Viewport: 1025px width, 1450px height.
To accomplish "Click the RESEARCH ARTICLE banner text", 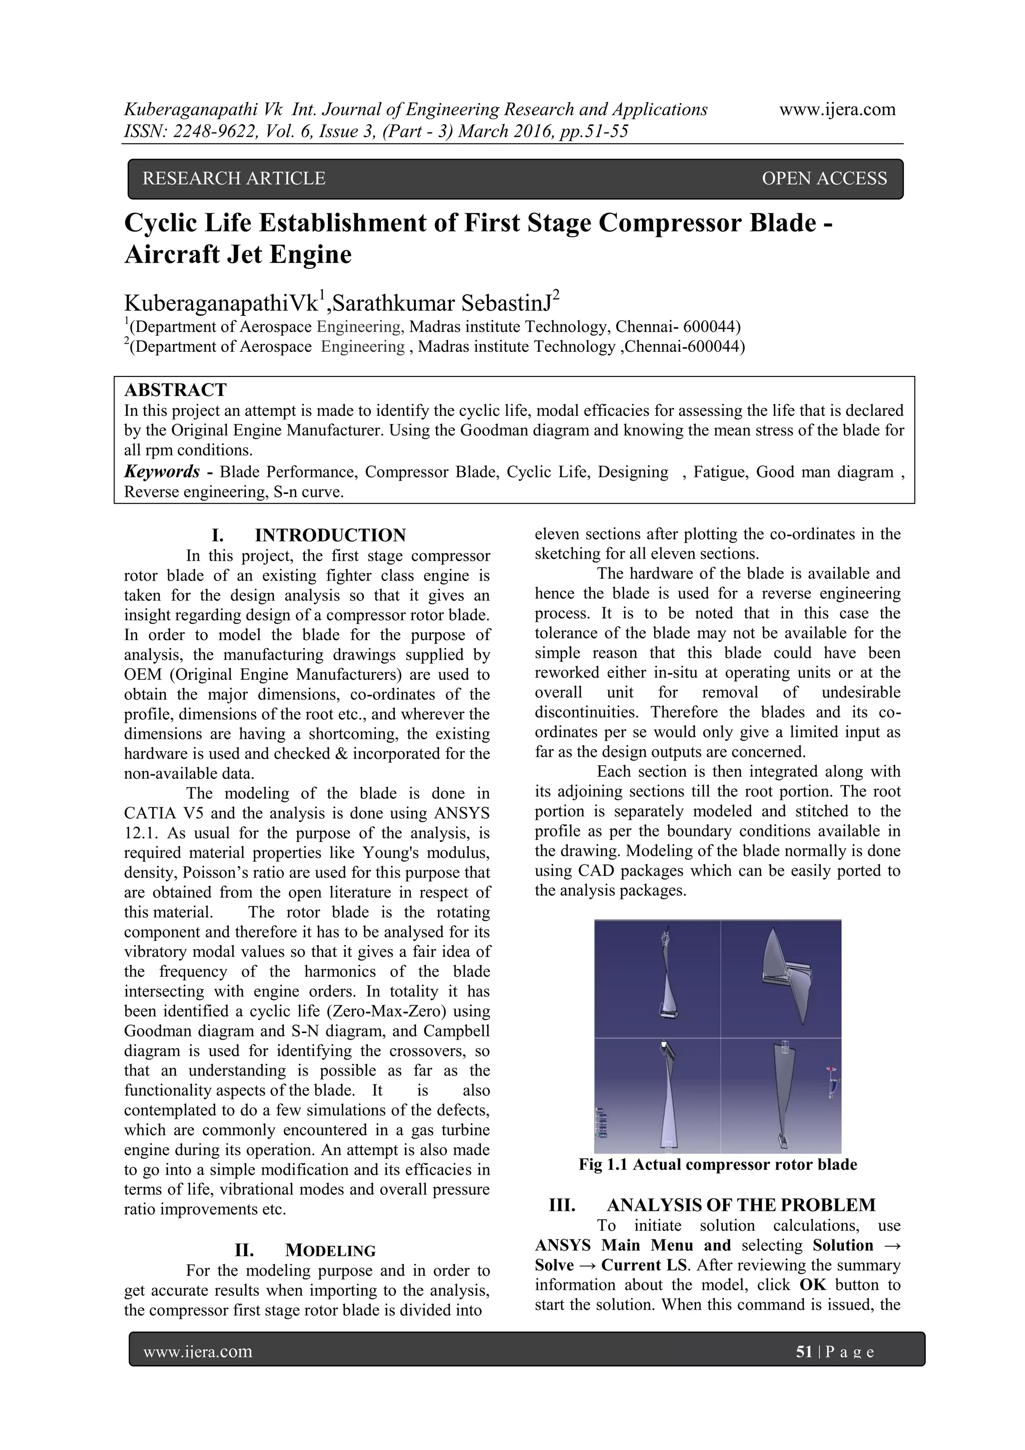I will (234, 179).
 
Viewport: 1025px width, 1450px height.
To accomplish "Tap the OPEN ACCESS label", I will (824, 179).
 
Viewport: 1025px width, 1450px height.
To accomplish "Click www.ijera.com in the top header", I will (837, 110).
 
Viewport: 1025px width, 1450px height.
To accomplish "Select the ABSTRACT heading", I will (175, 390).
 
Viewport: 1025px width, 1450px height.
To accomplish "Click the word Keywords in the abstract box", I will (162, 472).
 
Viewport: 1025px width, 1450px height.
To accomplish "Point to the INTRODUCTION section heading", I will (330, 536).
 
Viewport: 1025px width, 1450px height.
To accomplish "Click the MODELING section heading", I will (330, 1250).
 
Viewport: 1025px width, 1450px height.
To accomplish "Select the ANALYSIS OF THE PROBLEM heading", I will (740, 1205).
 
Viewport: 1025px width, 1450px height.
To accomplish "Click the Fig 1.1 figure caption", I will (717, 1165).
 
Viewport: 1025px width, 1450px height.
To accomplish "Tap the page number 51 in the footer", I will (804, 1351).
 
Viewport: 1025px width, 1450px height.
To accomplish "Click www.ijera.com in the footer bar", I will (198, 1351).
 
